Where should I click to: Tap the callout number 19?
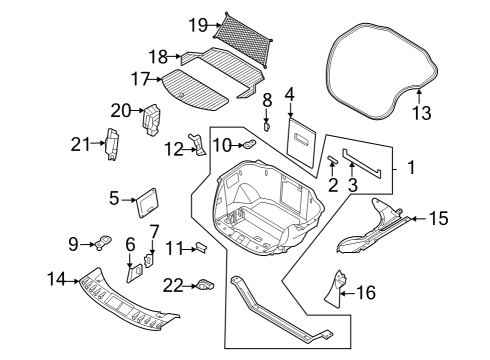coord(196,24)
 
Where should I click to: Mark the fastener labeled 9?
coord(101,241)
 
